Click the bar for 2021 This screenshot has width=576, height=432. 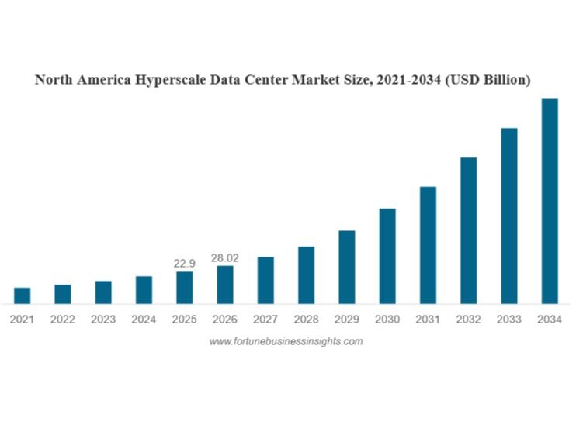pos(23,295)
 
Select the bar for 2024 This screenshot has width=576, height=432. pos(144,289)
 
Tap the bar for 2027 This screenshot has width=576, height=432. pos(265,280)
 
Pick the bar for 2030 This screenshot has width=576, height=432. pos(387,256)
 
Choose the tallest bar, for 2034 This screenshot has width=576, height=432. pos(550,201)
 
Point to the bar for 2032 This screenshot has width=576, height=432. pos(468,230)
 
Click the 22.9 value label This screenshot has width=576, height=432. pos(185,264)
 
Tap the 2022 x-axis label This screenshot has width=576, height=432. pos(63,319)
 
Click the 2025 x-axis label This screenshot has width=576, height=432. pos(185,319)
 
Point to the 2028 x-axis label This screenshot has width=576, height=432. pos(306,319)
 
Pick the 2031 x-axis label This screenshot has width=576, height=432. pos(428,319)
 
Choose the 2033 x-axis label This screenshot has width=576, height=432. pos(508,319)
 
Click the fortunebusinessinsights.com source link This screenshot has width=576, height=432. pos(286,341)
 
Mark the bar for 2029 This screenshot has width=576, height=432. pos(347,267)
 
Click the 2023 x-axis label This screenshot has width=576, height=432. pos(103,319)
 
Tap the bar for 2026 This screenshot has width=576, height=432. pos(225,285)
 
